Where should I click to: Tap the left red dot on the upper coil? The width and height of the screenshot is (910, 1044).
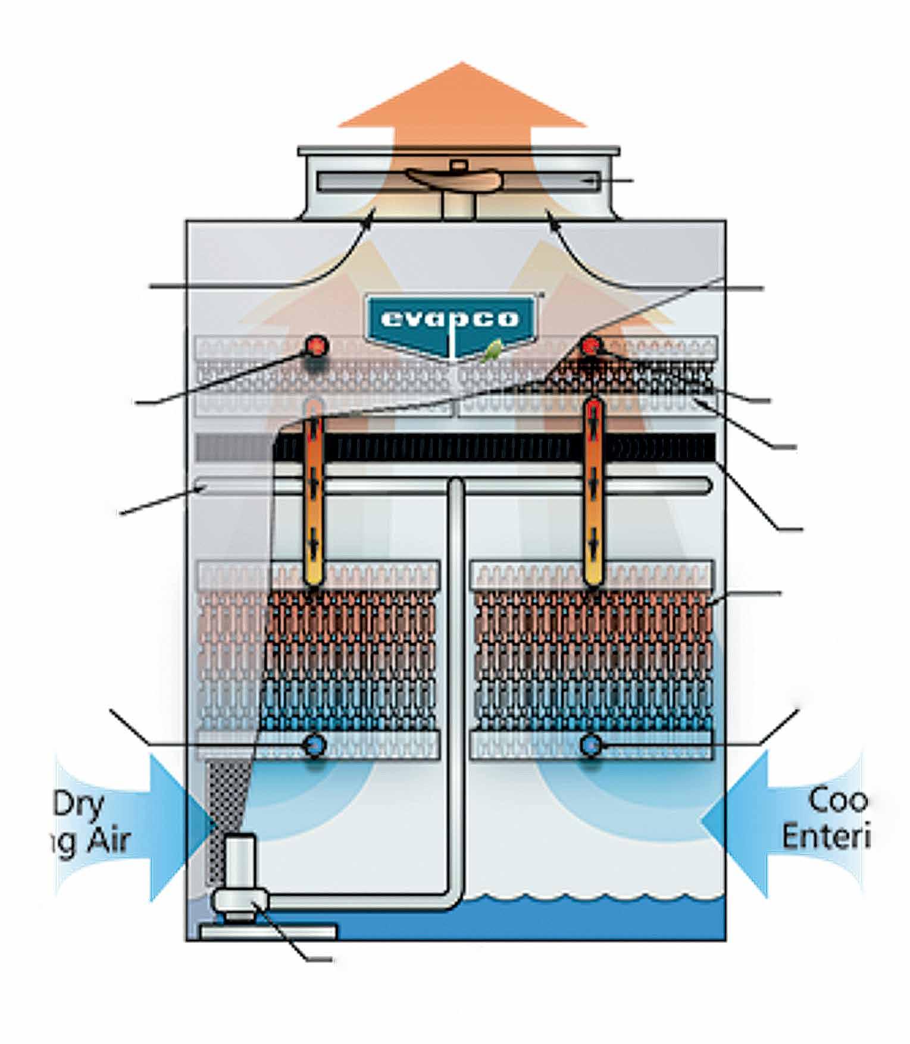[317, 345]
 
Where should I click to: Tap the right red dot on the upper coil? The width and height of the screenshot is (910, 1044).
[591, 346]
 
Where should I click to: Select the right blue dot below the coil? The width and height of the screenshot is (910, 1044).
[590, 745]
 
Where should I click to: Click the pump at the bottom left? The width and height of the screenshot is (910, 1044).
[241, 887]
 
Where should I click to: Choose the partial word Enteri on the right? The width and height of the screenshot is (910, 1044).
[826, 836]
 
